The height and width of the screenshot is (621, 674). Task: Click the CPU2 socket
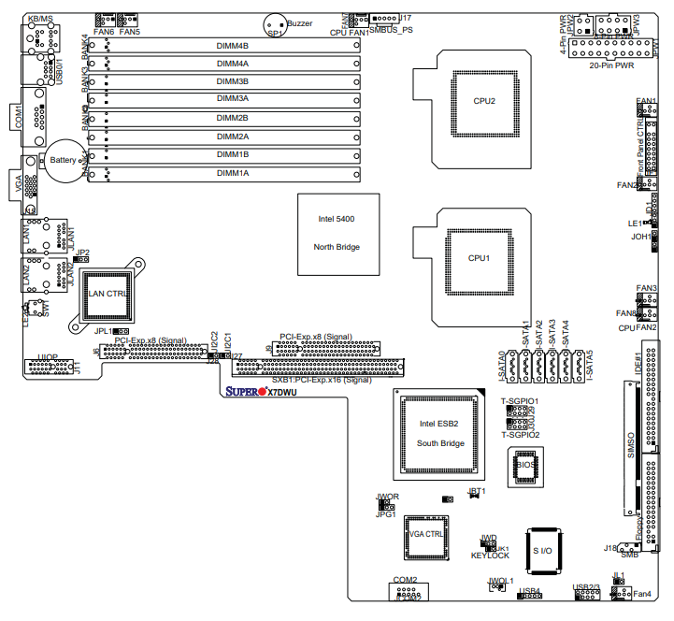pos(483,100)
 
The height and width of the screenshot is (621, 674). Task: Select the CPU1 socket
pos(479,257)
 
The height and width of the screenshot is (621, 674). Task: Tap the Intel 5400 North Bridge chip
pos(337,233)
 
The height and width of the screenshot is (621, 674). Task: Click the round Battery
pos(64,161)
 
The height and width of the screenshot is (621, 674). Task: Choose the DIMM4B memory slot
pos(233,46)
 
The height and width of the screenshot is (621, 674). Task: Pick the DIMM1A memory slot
pos(233,173)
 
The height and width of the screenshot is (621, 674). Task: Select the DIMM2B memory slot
pos(233,119)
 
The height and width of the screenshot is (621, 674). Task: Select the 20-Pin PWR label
pos(612,66)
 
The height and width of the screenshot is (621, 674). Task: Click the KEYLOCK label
pos(491,556)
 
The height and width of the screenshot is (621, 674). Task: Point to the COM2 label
pos(405,580)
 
